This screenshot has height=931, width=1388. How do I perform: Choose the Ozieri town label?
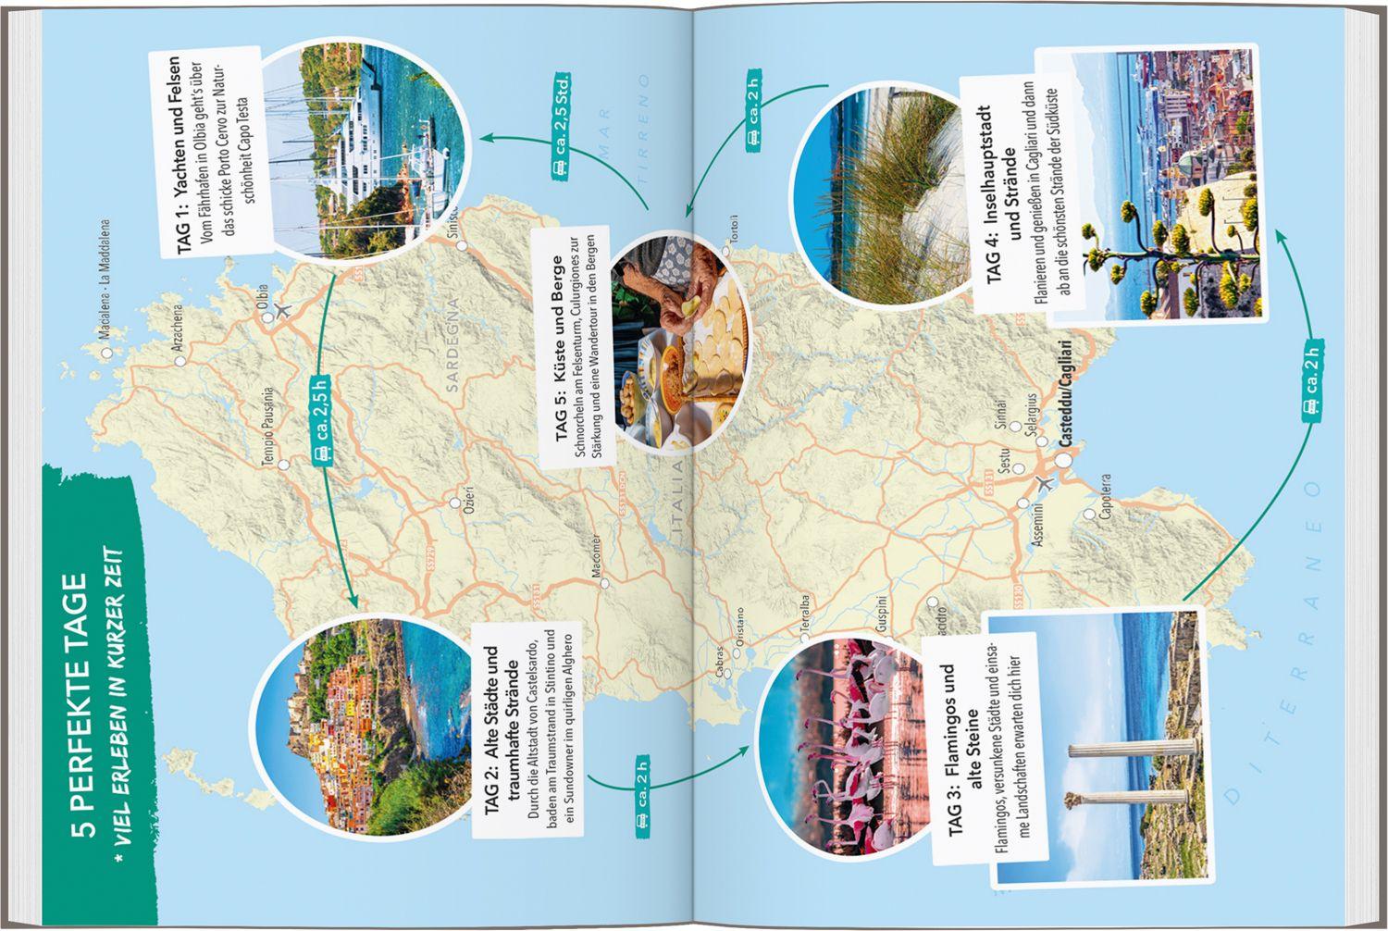(469, 486)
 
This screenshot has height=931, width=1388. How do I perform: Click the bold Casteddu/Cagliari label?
(1066, 399)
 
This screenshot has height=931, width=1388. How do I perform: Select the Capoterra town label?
(1105, 496)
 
